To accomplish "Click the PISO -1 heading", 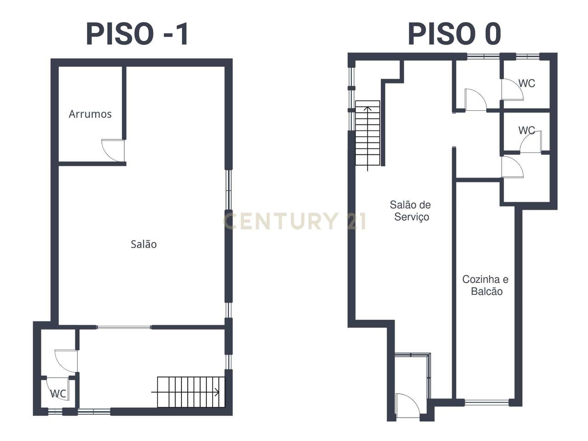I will pos(137,34).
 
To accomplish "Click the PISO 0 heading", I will pos(454,34).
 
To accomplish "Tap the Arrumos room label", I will pos(90,114).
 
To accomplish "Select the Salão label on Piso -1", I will pos(143,244).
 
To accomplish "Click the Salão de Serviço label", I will pos(411,211).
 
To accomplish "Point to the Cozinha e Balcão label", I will pos(486,285).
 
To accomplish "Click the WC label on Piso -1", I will pos(58,394).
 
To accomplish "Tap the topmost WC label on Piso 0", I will pos(526,84).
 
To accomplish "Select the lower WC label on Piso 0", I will pos(526,130).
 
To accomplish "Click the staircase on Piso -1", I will pos(191,392).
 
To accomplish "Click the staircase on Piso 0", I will pos(367,133).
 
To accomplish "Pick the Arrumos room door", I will pos(113,150).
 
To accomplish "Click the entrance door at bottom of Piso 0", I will pos(407,406).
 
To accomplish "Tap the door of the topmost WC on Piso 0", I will pos(512,89).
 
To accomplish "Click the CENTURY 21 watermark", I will pos(294,221).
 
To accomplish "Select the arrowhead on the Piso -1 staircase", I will pos(217,392).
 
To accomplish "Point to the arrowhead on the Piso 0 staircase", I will pos(367,109).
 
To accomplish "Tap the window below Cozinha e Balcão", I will pos(487,403).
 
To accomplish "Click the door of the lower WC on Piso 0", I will pos(531,142).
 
